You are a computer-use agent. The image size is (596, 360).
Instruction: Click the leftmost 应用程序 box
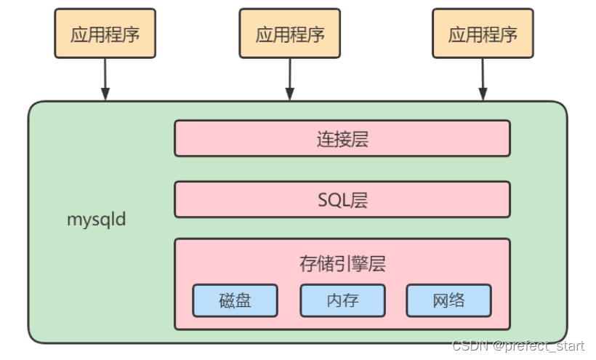coord(105,34)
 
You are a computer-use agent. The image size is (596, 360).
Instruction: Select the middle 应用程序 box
coord(290,34)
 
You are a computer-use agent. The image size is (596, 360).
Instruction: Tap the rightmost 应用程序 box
coord(482,34)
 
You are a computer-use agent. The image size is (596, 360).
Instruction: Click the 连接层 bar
coord(342,138)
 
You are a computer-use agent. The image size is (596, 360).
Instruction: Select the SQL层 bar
coord(342,199)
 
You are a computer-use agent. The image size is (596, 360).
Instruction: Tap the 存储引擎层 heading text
coord(342,263)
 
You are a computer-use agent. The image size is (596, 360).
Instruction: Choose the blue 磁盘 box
coord(235,300)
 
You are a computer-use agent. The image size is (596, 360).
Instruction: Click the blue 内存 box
coord(342,300)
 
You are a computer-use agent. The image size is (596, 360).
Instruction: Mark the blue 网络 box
coord(448,300)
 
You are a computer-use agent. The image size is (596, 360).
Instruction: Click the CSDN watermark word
coord(469,346)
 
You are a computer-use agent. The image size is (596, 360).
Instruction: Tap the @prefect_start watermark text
coord(538,346)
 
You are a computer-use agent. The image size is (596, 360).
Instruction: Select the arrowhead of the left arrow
coord(105,94)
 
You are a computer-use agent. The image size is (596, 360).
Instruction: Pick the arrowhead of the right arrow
coord(482,94)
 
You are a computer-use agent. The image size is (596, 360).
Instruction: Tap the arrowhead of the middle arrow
coord(290,94)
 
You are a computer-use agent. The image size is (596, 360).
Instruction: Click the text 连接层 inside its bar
coord(342,139)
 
